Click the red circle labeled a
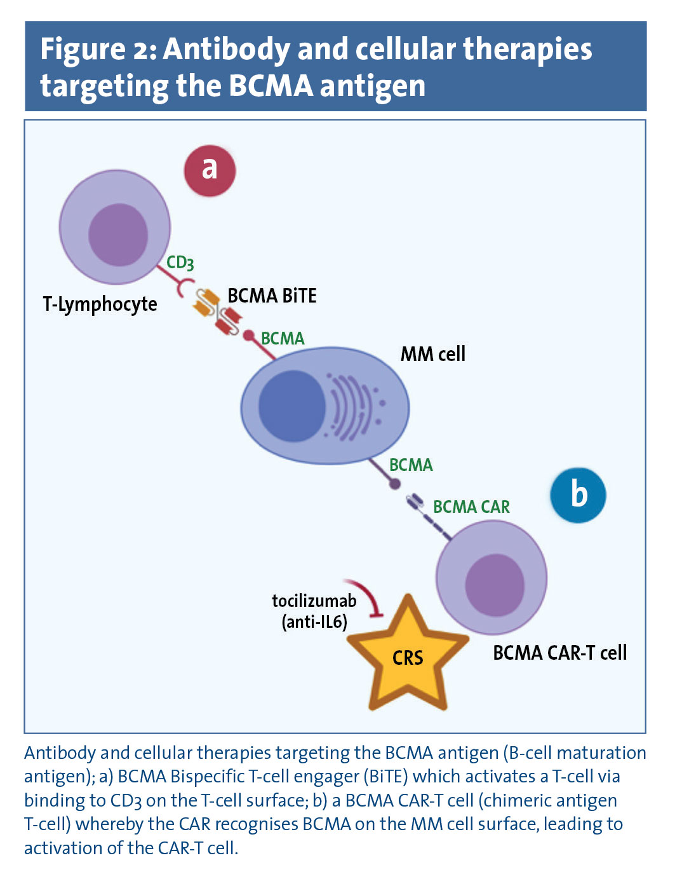pyautogui.click(x=210, y=170)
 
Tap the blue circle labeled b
pyautogui.click(x=578, y=495)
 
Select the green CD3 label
pyautogui.click(x=180, y=262)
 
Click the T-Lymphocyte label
pyautogui.click(x=100, y=304)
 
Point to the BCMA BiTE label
pyautogui.click(x=272, y=296)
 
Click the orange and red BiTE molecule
pyautogui.click(x=218, y=311)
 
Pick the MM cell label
pyautogui.click(x=432, y=354)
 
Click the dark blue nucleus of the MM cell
pyautogui.click(x=291, y=405)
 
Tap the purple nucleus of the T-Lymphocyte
pyautogui.click(x=118, y=235)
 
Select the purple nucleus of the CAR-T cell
pyautogui.click(x=495, y=584)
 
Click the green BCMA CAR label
pyautogui.click(x=471, y=507)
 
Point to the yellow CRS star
pyautogui.click(x=407, y=657)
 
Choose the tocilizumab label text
pyautogui.click(x=314, y=601)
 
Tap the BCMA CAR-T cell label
pyautogui.click(x=559, y=653)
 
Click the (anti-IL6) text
pyautogui.click(x=314, y=621)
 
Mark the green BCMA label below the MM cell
pyautogui.click(x=411, y=465)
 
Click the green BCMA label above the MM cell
pyautogui.click(x=283, y=338)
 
